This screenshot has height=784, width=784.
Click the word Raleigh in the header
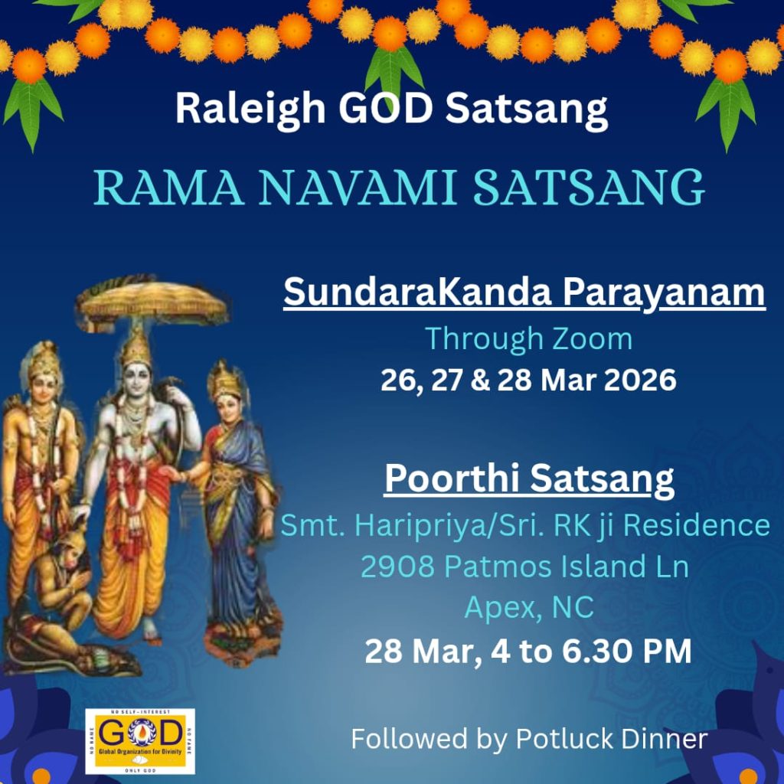point(250,109)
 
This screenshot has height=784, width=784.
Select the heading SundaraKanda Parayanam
point(524,293)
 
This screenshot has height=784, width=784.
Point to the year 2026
point(640,380)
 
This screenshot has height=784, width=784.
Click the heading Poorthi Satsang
point(529,479)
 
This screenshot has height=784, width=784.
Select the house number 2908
point(397,567)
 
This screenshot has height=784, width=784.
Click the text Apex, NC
point(529,608)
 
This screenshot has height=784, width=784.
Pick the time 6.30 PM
point(626,651)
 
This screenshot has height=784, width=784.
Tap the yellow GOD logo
point(140,740)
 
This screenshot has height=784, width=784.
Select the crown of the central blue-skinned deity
point(136,346)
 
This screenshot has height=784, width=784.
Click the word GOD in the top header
point(386,108)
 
